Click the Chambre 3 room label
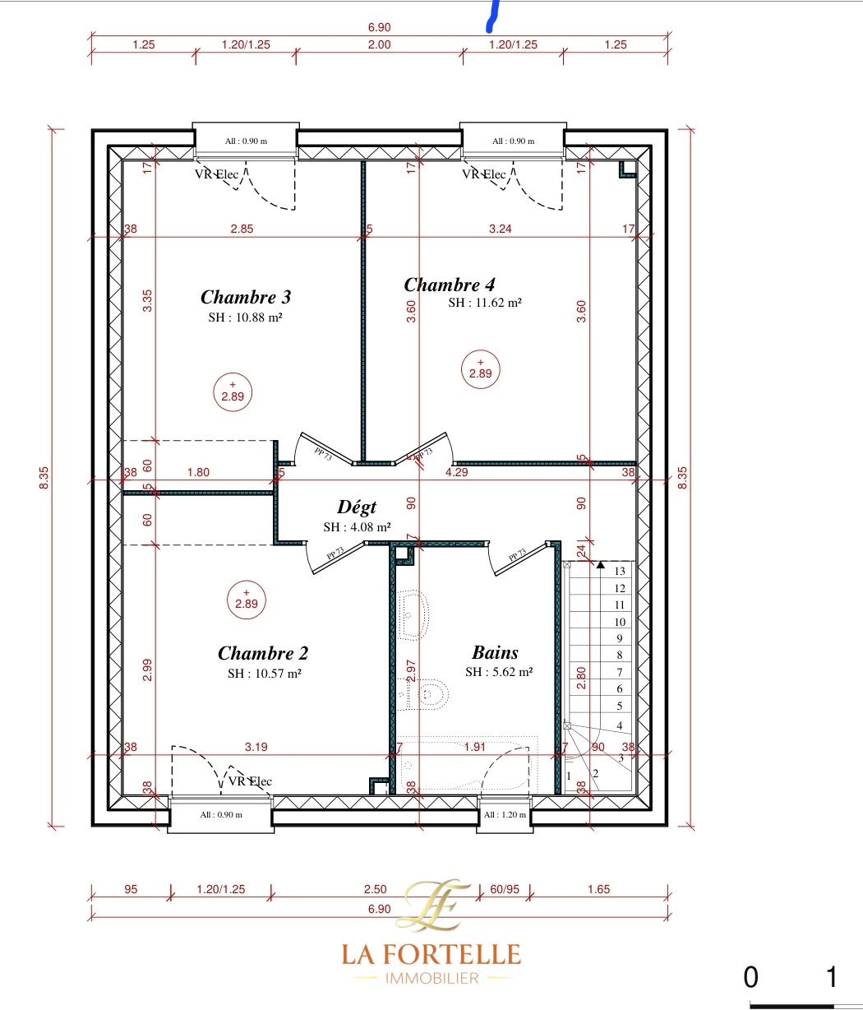coord(246,297)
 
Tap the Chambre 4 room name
coord(450,285)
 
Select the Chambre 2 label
coord(263,653)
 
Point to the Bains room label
coord(495,653)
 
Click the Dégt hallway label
coord(357,507)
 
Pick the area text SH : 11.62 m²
coord(485,303)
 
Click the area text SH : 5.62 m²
coord(499,672)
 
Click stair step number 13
coord(620,571)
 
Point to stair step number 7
coord(620,672)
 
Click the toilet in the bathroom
coord(423,694)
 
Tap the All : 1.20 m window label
coord(505,814)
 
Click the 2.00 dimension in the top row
coord(379,44)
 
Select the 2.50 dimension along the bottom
coord(375,889)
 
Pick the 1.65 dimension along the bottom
coord(599,889)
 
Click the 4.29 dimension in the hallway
coord(457,472)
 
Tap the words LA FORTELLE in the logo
coord(431,954)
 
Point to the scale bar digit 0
coord(750,977)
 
